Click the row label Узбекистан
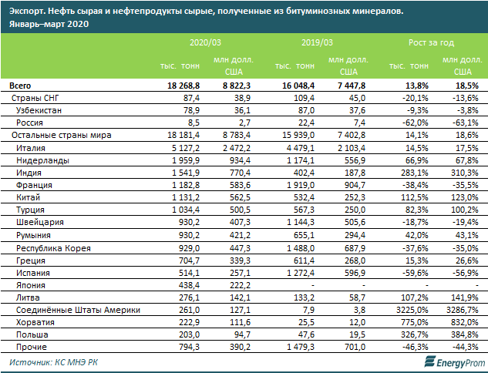(x=39, y=110)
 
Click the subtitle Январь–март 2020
(x=47, y=24)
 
